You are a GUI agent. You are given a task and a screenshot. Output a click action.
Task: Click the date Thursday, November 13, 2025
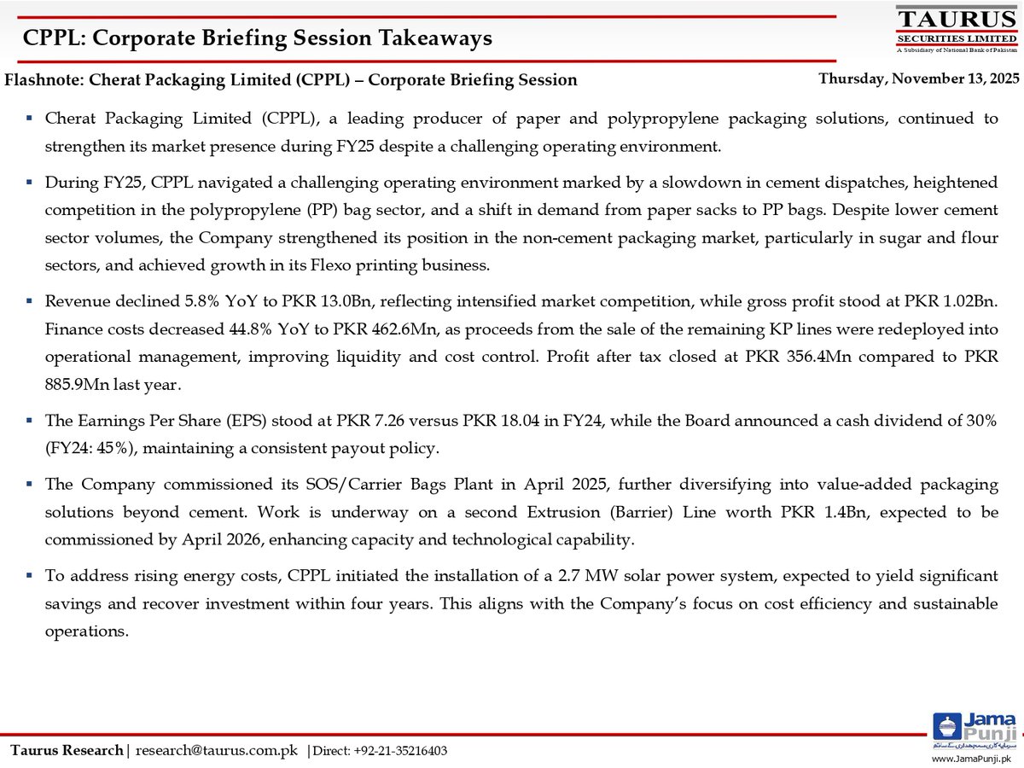tap(919, 79)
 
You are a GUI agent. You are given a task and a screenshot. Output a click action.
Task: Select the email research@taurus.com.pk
tap(217, 751)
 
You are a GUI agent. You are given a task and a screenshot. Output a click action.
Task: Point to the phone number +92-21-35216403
tap(401, 751)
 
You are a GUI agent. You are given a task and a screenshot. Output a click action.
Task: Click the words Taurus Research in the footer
tap(67, 751)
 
